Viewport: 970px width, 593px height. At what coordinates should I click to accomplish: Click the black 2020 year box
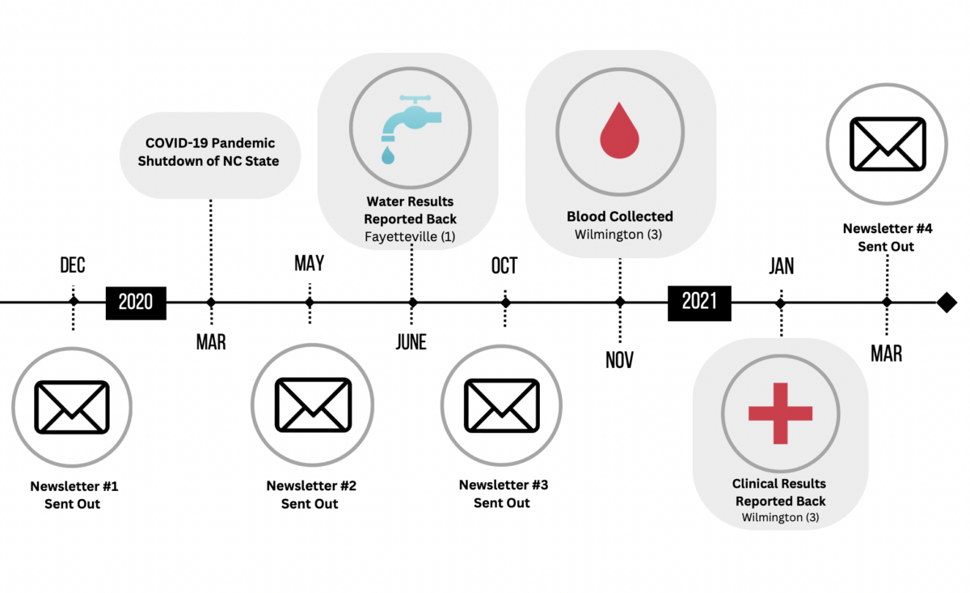click(x=136, y=303)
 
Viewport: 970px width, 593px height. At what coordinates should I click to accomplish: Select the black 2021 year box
click(x=699, y=303)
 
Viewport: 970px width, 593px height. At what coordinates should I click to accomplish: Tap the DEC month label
click(x=73, y=265)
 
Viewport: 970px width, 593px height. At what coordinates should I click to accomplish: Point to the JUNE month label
click(x=411, y=342)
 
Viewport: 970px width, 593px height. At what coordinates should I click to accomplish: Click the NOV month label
click(x=620, y=360)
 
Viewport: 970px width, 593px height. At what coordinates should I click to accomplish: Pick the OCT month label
click(x=504, y=266)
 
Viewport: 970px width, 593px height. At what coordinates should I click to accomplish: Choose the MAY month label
click(x=309, y=263)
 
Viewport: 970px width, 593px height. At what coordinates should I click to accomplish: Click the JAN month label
click(x=781, y=266)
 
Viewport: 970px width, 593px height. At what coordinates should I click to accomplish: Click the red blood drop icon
click(x=620, y=130)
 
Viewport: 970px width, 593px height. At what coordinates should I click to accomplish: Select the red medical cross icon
click(x=780, y=413)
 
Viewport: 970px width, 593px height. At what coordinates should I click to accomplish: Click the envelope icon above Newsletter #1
click(x=72, y=406)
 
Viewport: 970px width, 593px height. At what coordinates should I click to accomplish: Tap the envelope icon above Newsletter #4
click(x=887, y=144)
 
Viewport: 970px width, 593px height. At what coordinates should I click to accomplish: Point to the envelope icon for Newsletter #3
click(x=501, y=405)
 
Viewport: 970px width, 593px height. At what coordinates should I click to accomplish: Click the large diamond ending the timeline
click(x=947, y=303)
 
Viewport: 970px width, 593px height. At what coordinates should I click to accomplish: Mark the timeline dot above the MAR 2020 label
click(x=211, y=303)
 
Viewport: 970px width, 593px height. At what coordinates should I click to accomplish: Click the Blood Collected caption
click(x=620, y=217)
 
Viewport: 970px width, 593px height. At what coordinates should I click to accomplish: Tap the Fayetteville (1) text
click(x=410, y=237)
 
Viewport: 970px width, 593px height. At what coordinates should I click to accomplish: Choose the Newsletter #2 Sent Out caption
click(x=311, y=494)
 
